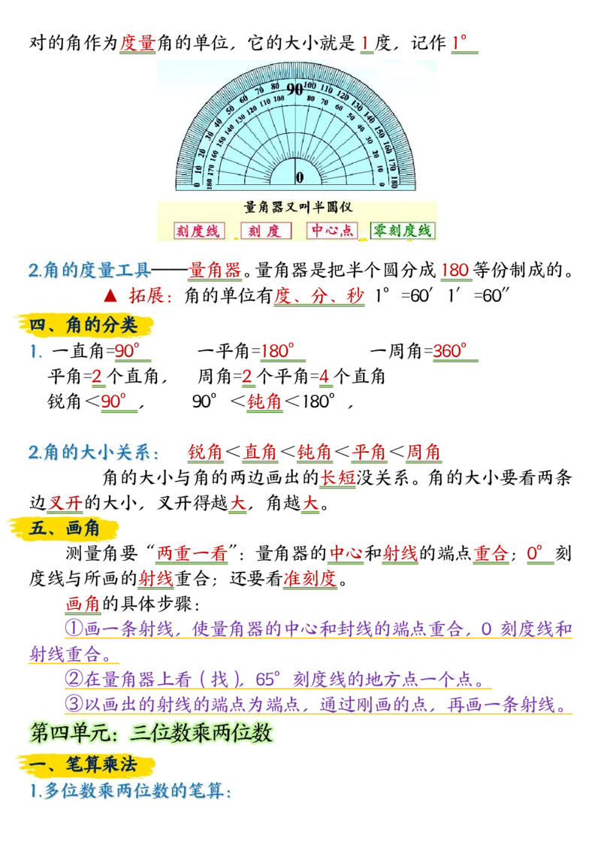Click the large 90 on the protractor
click(294, 89)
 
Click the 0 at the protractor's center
click(299, 177)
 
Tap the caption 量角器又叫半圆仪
click(298, 206)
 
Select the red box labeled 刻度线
click(199, 231)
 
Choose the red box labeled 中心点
click(332, 231)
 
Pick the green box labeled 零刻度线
click(403, 231)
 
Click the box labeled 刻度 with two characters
click(265, 231)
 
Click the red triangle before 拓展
click(110, 295)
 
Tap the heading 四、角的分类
click(83, 325)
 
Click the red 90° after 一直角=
click(127, 350)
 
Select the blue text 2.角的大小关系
click(93, 453)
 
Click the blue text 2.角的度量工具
click(89, 271)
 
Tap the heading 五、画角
click(65, 528)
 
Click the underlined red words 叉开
click(65, 503)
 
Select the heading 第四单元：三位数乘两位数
click(151, 732)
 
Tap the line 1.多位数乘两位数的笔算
click(130, 791)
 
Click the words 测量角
click(92, 554)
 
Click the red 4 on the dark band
click(325, 377)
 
